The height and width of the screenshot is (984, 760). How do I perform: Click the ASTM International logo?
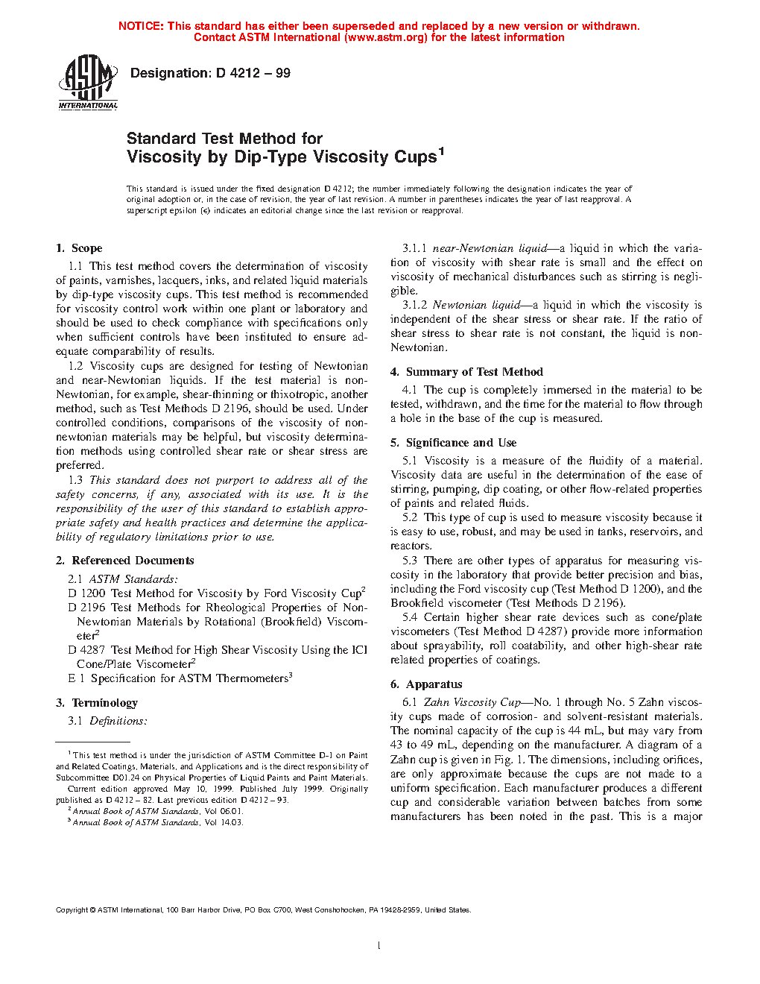coord(88,83)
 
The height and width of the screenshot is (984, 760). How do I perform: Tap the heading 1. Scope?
coord(79,248)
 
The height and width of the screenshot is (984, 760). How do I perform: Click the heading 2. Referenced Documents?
coord(124,561)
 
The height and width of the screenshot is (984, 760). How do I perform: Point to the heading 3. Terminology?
coord(97,703)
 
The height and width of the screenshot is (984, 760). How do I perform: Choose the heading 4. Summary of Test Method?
coord(466,372)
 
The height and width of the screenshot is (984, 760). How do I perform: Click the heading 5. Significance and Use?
coord(453,443)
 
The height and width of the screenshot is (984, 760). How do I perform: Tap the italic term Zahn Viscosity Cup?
coord(472,702)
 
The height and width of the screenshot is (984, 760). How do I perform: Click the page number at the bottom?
coord(379,946)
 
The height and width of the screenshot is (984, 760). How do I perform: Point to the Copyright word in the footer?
coord(72,910)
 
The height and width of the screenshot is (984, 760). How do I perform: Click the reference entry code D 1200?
coord(86,593)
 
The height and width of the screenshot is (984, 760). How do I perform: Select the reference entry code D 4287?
coord(86,650)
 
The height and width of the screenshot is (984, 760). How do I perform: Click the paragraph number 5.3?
coord(410,561)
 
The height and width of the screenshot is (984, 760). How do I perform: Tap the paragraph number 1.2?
coord(75,366)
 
